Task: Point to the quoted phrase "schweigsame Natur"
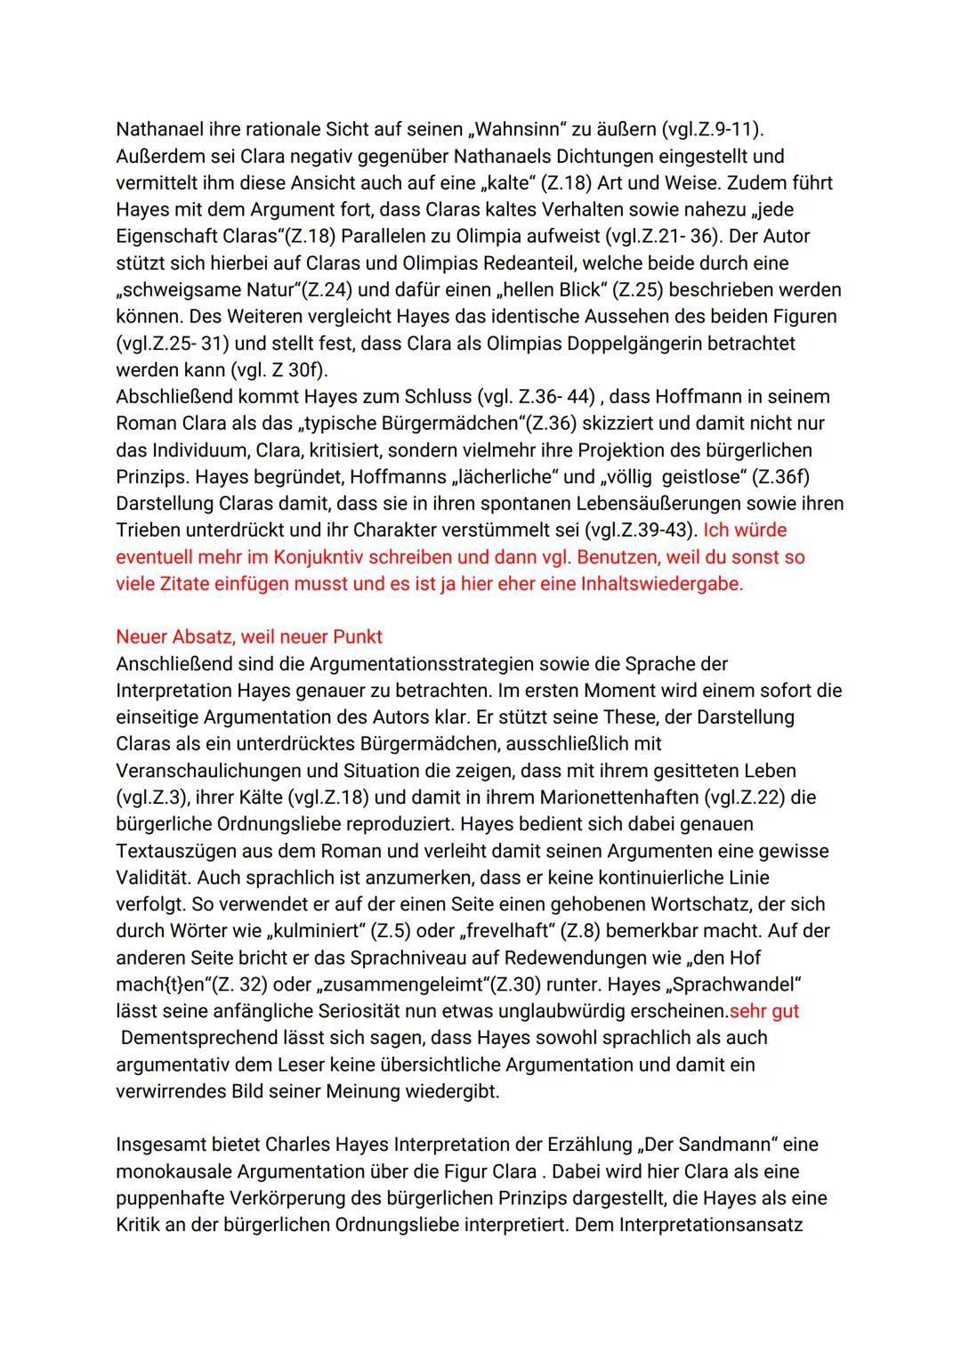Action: [x=198, y=290]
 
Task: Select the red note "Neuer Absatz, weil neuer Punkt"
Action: [x=249, y=637]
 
